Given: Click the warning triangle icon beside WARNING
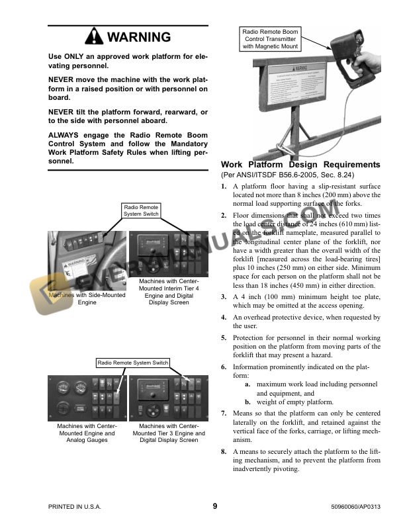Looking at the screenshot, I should (94, 37).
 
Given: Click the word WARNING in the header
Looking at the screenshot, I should (138, 37).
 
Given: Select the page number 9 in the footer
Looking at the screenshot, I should (215, 506).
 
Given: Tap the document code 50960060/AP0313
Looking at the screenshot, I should (351, 507).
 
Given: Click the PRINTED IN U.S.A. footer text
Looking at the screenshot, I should (75, 507).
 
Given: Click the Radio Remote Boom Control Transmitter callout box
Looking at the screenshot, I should (270, 39).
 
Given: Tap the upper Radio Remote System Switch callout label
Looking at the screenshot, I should (140, 210).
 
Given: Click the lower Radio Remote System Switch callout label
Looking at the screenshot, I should (133, 363).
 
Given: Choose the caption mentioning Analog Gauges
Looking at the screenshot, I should (86, 433).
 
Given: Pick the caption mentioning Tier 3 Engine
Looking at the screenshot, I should (169, 433).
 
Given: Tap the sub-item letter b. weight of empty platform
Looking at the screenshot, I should (247, 402).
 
